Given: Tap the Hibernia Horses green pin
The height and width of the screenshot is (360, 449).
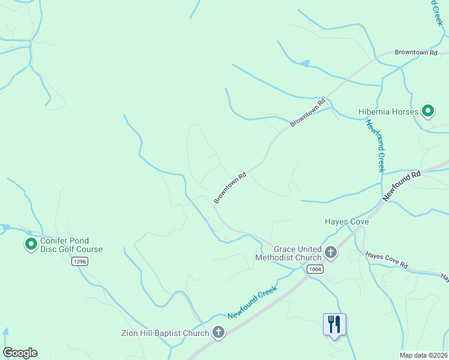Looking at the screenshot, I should click(x=427, y=111).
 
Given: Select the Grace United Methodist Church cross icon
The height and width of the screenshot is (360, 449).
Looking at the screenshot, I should click(x=330, y=253).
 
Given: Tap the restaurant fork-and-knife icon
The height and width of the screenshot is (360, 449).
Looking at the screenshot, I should click(x=334, y=324).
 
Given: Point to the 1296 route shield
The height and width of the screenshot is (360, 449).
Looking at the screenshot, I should click(x=79, y=262).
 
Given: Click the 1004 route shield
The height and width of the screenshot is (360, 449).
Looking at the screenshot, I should click(x=315, y=269).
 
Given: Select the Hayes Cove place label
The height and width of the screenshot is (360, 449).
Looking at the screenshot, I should click(x=347, y=221).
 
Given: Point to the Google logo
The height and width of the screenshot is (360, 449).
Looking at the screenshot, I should click(x=20, y=353).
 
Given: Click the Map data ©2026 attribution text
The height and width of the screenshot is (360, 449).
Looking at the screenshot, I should click(x=423, y=355).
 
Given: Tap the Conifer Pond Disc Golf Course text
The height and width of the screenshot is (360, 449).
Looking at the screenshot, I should click(x=71, y=245).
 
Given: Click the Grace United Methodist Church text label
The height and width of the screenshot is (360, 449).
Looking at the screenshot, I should click(x=288, y=253).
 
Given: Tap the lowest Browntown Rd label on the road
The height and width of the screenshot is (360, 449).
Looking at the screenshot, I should click(x=231, y=187).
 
